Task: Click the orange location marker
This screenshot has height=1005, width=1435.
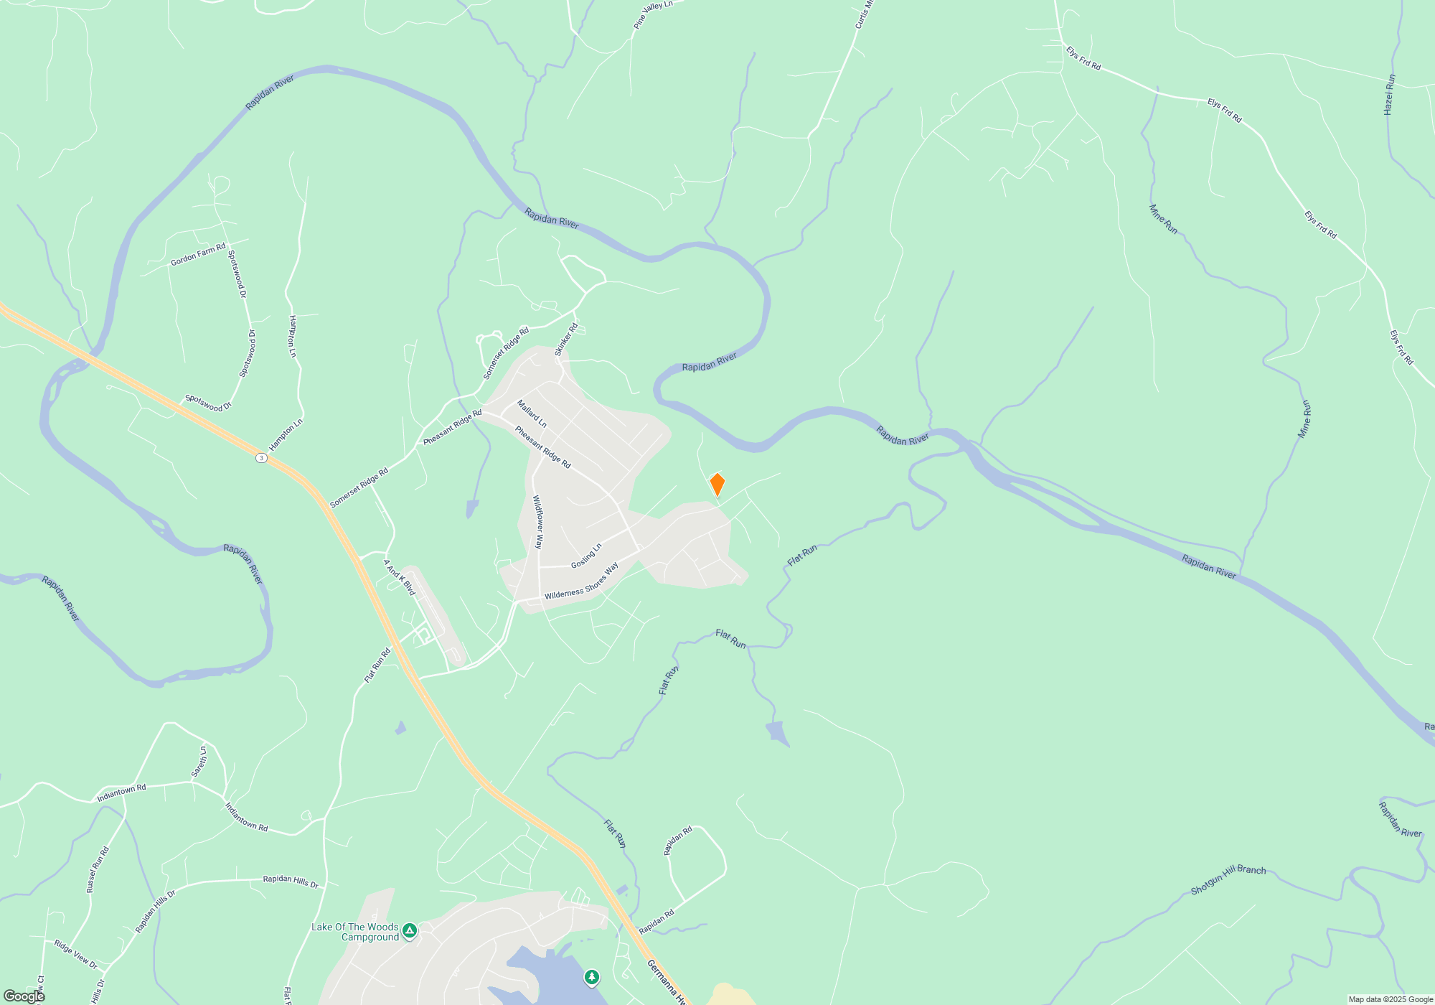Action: [x=717, y=485]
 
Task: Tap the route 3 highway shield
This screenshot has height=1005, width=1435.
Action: [x=262, y=458]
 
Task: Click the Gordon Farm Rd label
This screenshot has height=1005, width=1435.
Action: [x=198, y=255]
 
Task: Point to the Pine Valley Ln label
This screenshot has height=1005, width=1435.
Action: [x=653, y=15]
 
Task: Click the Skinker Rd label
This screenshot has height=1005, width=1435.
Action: [x=566, y=340]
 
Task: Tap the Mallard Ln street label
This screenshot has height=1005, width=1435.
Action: [x=532, y=414]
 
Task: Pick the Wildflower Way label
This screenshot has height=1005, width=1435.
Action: [x=538, y=522]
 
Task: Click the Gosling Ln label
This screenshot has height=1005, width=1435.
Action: [x=586, y=556]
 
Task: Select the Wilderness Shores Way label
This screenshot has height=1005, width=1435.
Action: [x=581, y=582]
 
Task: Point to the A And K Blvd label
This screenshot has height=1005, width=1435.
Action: [x=399, y=577]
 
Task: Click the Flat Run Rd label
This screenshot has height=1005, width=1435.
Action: [x=377, y=665]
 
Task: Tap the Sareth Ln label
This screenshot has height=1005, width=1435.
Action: [x=199, y=762]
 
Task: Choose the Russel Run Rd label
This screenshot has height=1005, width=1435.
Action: [x=98, y=869]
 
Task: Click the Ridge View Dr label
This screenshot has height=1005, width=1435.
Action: [x=75, y=954]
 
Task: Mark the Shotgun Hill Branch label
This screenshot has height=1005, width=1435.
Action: [x=1228, y=879]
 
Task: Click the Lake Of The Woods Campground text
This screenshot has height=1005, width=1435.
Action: [x=355, y=932]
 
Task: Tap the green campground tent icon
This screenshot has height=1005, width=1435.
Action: [x=410, y=931]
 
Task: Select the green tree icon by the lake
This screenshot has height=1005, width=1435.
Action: [x=591, y=977]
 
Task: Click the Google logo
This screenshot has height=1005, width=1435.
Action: [x=24, y=996]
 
